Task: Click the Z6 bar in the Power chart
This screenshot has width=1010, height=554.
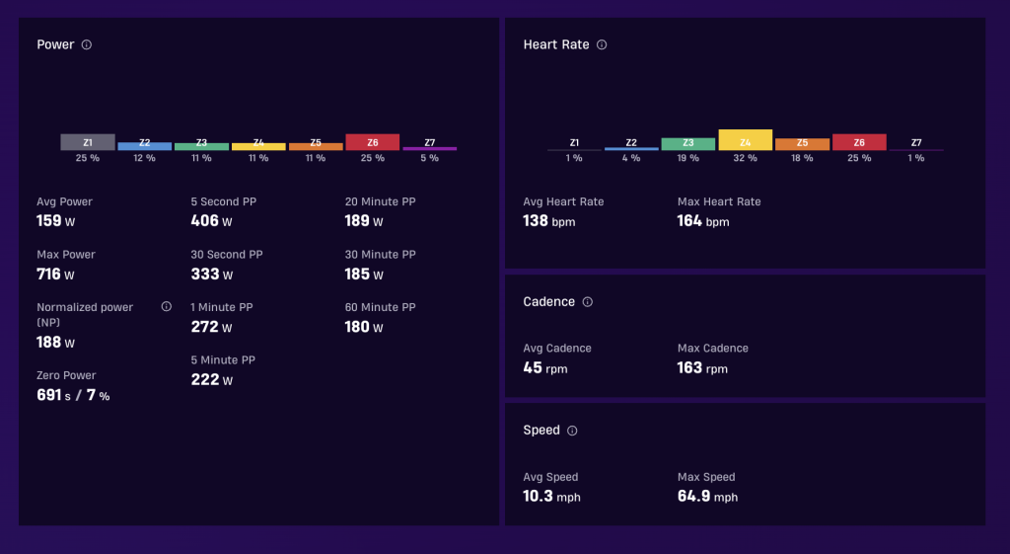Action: [372, 142]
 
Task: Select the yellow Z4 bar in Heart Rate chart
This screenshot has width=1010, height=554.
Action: [746, 140]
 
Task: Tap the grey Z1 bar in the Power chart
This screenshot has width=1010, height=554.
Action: [88, 142]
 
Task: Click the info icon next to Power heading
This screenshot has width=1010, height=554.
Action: [87, 44]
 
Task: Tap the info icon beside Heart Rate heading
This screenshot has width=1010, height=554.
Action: [602, 44]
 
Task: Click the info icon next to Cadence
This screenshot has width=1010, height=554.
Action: [588, 302]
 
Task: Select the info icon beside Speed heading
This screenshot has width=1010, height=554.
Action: [572, 431]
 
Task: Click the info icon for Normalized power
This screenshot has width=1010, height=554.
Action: [166, 306]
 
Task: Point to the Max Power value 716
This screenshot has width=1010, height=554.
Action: [49, 275]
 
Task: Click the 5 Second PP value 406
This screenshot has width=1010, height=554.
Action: [205, 220]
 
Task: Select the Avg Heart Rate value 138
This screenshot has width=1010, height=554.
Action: [536, 220]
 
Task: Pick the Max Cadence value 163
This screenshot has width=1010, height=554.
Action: [689, 367]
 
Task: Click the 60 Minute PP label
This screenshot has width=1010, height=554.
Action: [380, 307]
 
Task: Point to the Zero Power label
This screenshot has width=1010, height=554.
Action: [66, 375]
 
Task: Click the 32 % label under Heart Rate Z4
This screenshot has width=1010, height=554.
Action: [746, 158]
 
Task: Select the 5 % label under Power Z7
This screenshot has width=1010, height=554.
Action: [430, 158]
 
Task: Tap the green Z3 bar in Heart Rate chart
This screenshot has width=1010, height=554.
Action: [687, 144]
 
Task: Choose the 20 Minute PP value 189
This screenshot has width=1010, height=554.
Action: [357, 220]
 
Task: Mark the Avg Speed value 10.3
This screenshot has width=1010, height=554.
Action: [538, 496]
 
